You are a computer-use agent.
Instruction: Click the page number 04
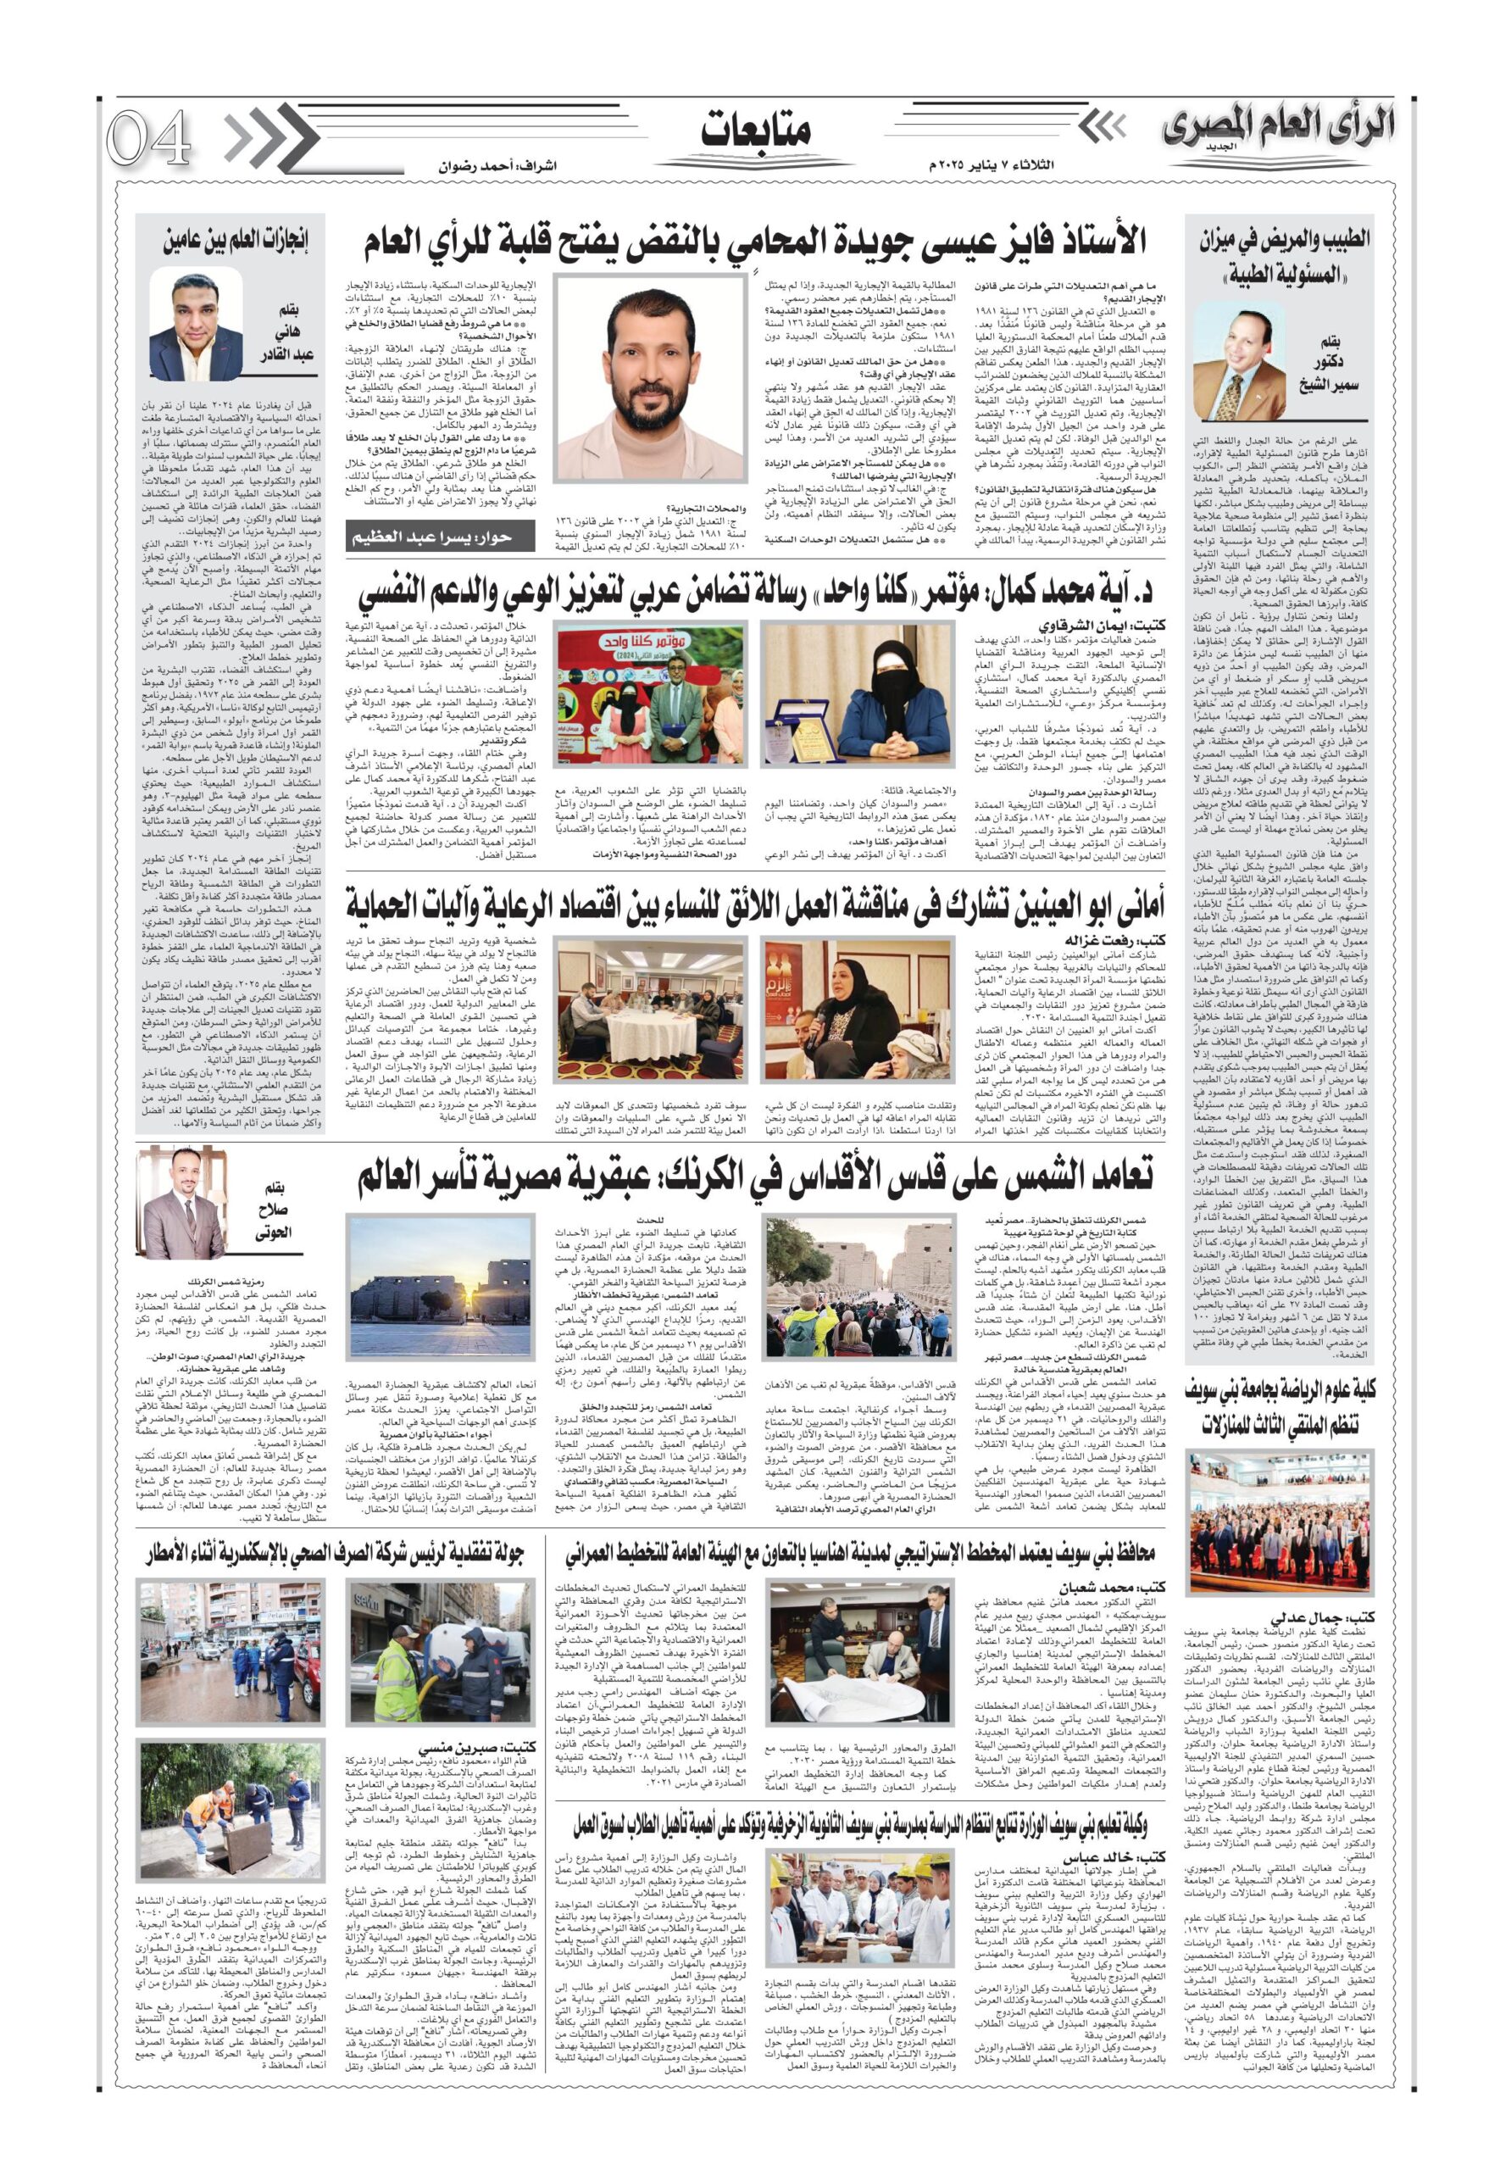click(x=148, y=139)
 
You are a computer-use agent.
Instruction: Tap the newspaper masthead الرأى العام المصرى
click(x=1278, y=129)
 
